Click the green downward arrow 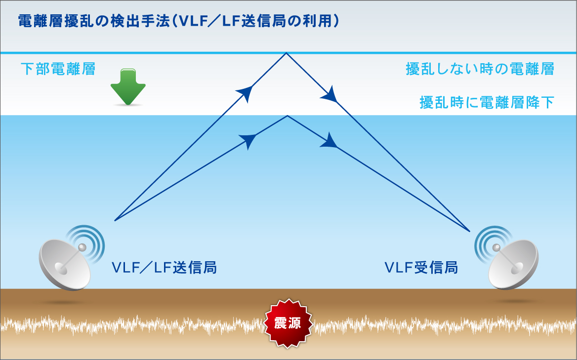[x=128, y=86]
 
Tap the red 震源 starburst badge [x=288, y=323]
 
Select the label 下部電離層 [x=58, y=69]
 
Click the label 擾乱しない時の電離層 [x=480, y=69]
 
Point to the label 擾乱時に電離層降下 [x=487, y=102]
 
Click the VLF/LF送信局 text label [x=164, y=267]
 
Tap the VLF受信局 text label [x=421, y=267]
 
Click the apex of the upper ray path [x=287, y=53]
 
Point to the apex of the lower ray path [x=288, y=116]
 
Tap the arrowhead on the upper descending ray [x=330, y=95]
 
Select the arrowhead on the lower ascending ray [x=249, y=140]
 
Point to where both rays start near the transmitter [x=115, y=221]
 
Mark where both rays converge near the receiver [x=470, y=231]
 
